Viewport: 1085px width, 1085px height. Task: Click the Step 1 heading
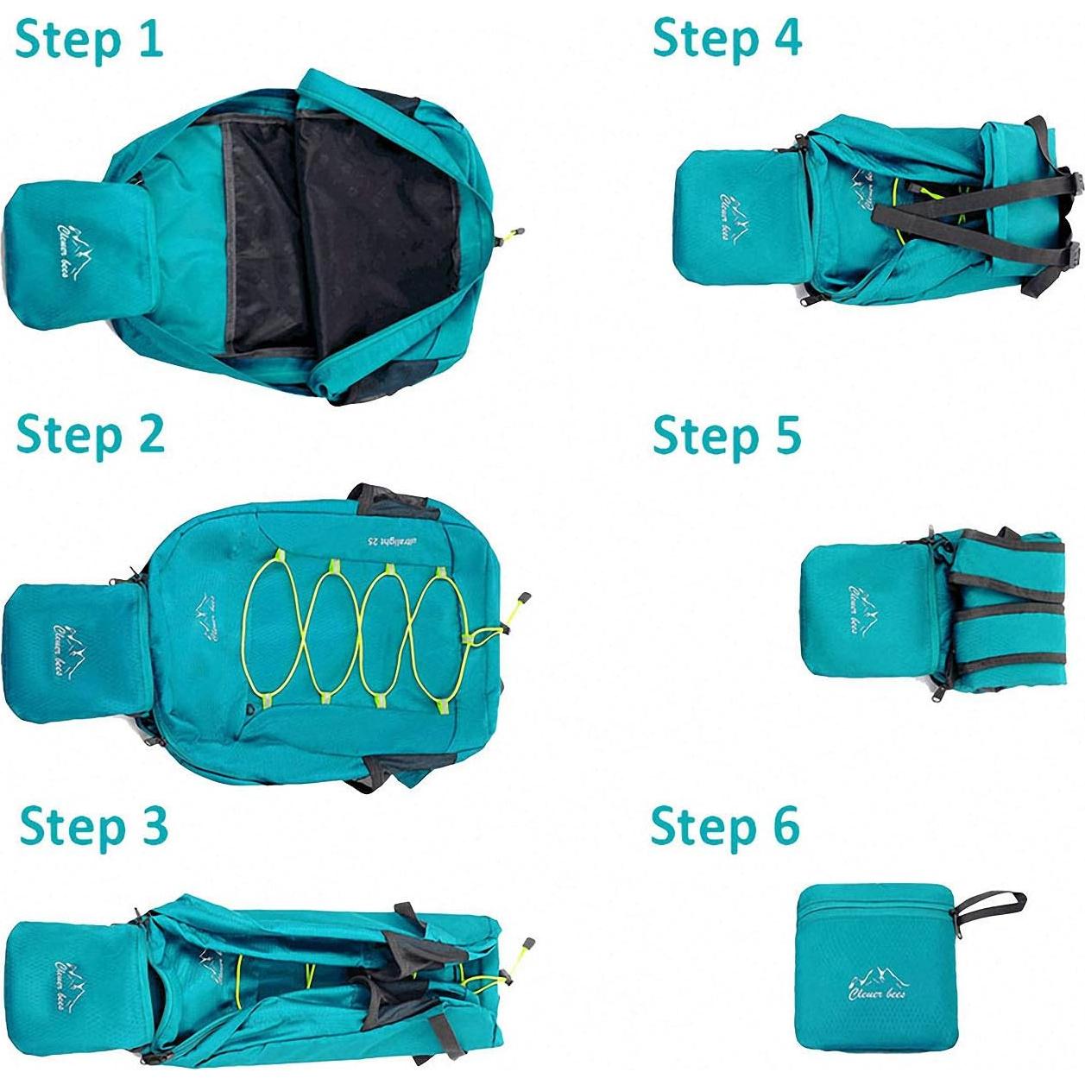click(x=89, y=41)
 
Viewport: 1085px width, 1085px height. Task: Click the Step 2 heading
click(x=90, y=434)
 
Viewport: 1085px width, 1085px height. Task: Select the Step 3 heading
click(x=93, y=826)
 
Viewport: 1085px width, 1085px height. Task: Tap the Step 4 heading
click(x=727, y=39)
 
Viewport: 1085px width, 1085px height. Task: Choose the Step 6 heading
click(x=725, y=826)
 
